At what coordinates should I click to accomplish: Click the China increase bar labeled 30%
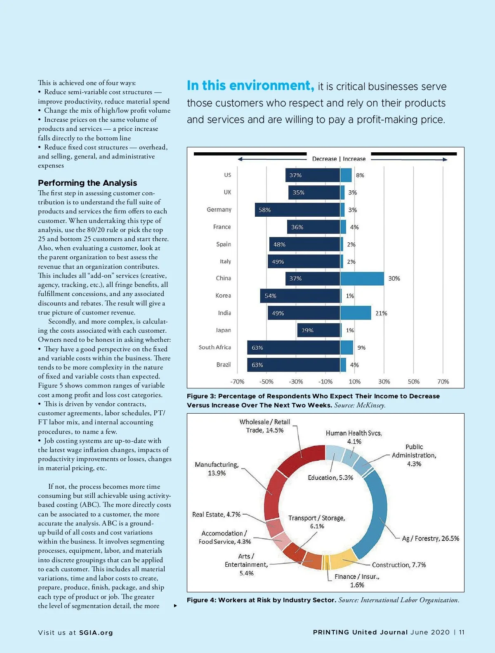[362, 279]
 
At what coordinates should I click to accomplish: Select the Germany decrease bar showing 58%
[297, 210]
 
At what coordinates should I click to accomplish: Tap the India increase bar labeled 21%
[356, 313]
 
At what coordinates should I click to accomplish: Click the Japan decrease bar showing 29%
[318, 330]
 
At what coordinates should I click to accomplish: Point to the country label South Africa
[214, 348]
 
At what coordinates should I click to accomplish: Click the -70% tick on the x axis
[237, 382]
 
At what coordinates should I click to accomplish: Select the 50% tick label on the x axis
[413, 382]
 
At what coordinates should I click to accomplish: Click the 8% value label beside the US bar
[360, 175]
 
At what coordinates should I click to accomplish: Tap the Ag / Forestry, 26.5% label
[430, 539]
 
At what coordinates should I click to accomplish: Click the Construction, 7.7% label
[399, 565]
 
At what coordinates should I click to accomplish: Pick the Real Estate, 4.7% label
[216, 515]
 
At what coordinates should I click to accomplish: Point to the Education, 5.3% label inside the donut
[330, 478]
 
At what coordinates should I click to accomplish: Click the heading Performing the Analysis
[87, 183]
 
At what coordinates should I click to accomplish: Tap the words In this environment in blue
[250, 86]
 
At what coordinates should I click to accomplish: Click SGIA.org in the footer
[96, 633]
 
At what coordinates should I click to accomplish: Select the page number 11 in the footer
[462, 632]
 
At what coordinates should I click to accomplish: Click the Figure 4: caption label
[201, 600]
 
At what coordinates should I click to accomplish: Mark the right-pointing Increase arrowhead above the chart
[445, 159]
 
